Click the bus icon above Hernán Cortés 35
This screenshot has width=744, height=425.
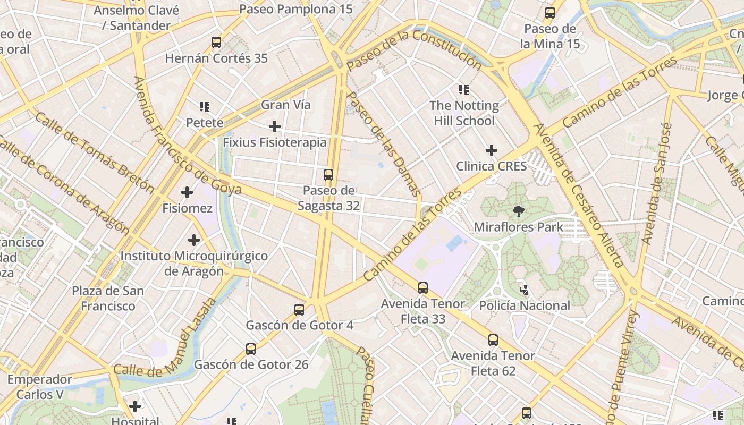pos(216,42)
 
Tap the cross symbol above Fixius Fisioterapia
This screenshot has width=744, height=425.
pos(275,126)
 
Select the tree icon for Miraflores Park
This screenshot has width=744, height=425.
pos(518,211)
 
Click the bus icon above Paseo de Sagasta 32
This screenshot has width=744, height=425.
pos(328,174)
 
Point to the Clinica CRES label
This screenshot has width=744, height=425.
pos(492,166)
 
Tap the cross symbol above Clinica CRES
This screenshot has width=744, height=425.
pos(492,150)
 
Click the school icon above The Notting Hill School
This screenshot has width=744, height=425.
pos(464,89)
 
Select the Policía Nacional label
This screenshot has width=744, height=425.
pos(525,305)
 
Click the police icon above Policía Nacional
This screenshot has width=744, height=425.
pos(525,290)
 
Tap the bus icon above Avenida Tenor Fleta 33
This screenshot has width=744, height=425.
pos(423,288)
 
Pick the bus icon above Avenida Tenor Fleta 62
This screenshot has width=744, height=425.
pos(493,339)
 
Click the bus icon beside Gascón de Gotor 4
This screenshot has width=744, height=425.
pos(299,309)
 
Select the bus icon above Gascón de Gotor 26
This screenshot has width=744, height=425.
pos(251,349)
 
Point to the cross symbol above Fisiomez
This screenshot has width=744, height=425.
pos(187,192)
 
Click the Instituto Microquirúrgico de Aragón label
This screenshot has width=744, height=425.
pos(194,263)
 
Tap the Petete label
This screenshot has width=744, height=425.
pos(205,123)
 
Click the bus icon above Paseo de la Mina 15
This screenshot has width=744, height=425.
pos(550,13)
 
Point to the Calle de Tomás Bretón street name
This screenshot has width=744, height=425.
pos(94,152)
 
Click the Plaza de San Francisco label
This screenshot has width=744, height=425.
pos(108,299)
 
